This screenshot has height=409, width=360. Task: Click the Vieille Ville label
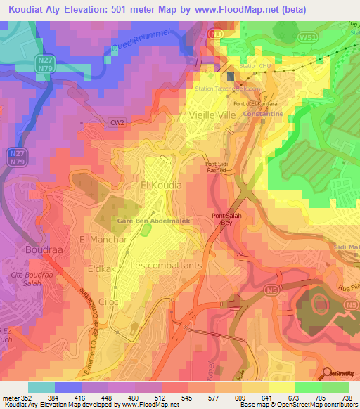coord(214,113)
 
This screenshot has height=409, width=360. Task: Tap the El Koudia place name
coord(161,185)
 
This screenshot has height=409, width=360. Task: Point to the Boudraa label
coord(44,249)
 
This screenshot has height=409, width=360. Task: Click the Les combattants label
coord(166,266)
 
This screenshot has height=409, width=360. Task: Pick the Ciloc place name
coord(108,301)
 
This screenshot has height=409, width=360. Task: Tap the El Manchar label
coord(103,240)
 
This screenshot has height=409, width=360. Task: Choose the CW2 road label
coord(116,122)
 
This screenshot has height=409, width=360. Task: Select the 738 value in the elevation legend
coord(347,398)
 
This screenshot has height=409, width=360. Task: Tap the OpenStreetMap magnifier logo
coord(327,373)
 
